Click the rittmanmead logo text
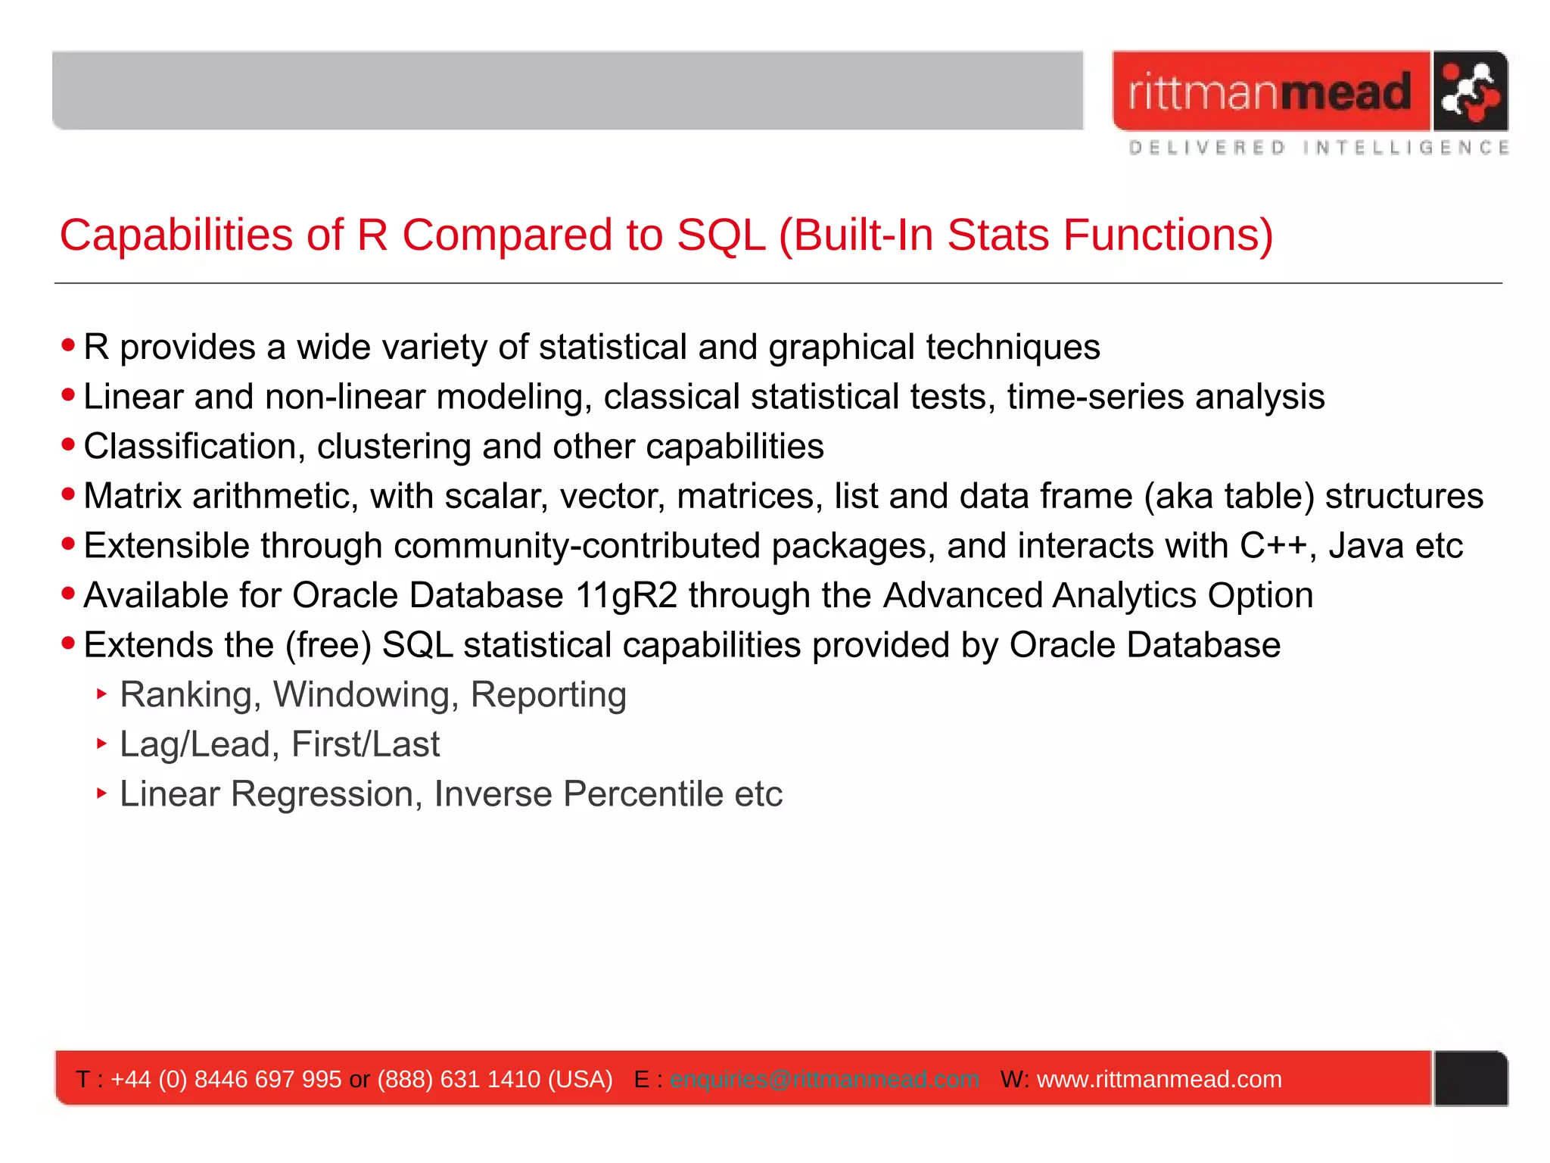[x=1270, y=92]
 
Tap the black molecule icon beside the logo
[x=1469, y=92]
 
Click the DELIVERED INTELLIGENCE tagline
[x=1318, y=148]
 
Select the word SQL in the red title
[x=721, y=235]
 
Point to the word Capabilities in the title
[x=176, y=235]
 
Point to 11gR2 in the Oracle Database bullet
[x=626, y=596]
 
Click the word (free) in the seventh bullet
[x=328, y=646]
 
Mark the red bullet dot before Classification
[x=69, y=445]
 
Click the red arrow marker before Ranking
[x=102, y=694]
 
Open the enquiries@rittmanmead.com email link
[x=824, y=1079]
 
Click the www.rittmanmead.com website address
[x=1159, y=1079]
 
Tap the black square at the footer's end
[x=1471, y=1078]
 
